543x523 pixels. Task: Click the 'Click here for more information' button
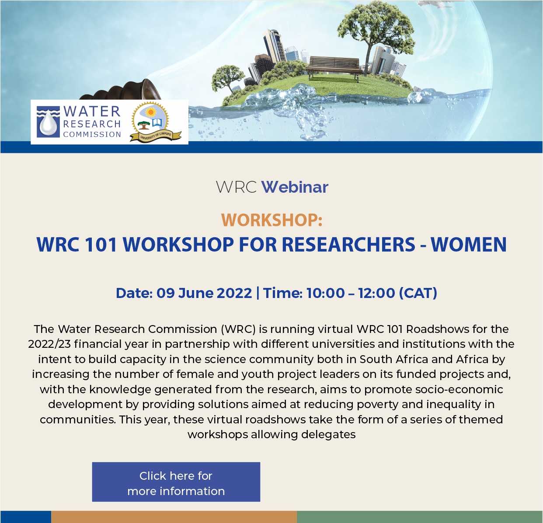point(176,482)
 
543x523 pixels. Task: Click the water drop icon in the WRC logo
point(48,122)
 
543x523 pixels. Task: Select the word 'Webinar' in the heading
point(295,187)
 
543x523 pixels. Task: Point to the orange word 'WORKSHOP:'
point(272,220)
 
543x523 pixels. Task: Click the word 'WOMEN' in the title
point(469,244)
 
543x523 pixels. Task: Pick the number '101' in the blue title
point(101,244)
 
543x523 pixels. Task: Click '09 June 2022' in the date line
point(204,293)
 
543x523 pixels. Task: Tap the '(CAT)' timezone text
point(418,293)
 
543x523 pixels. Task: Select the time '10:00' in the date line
point(326,293)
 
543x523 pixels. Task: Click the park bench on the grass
point(333,68)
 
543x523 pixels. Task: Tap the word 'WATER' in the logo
point(92,111)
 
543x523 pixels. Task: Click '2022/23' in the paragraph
point(49,344)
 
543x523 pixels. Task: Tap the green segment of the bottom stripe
point(420,517)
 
